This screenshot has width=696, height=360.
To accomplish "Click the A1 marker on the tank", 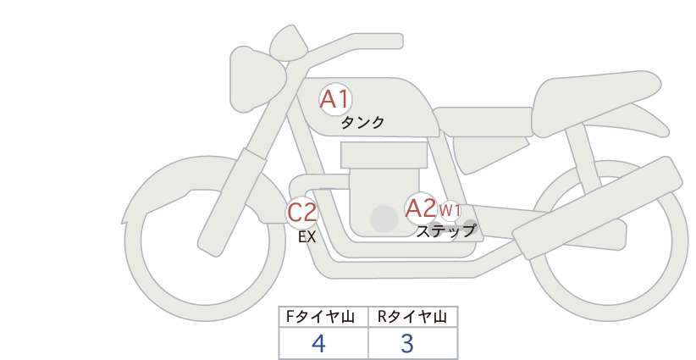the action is tap(335, 99).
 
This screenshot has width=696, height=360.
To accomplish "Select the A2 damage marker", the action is tap(421, 208).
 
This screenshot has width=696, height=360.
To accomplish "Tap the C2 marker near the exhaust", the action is tap(301, 212).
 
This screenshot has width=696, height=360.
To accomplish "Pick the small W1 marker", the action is tap(450, 210).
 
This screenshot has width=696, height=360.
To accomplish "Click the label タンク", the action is tap(362, 123).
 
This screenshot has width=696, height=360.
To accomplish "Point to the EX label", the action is tap(307, 237).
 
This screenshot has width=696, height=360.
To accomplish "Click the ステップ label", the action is tap(445, 231).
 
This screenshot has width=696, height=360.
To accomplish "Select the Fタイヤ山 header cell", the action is tap(323, 317).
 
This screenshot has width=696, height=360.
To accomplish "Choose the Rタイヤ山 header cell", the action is tap(413, 317).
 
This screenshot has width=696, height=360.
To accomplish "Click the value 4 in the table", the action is tap(318, 343).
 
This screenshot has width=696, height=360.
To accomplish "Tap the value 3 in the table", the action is tap(406, 343).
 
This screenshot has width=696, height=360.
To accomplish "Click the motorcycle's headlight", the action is tap(257, 79).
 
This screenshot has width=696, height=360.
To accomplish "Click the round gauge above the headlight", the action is tap(289, 42).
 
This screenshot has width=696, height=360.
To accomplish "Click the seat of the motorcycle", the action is tap(594, 103).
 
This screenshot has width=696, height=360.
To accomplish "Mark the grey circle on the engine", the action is tap(384, 219).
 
